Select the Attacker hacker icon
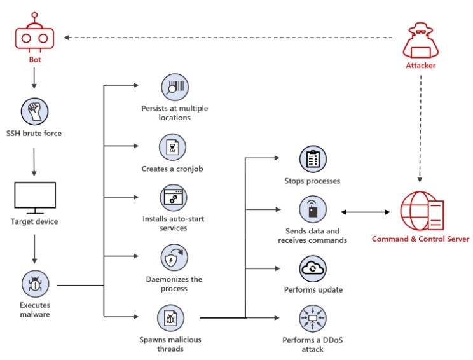[420, 40]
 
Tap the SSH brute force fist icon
[35, 111]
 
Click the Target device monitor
[35, 198]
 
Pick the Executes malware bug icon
[36, 284]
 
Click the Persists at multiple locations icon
[175, 87]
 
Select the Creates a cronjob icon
[172, 148]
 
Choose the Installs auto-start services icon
[174, 198]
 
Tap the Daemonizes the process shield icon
[174, 258]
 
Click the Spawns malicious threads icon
[171, 318]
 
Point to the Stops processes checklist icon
[313, 159]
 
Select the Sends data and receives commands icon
[313, 209]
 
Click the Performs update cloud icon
[313, 268]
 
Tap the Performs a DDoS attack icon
[313, 319]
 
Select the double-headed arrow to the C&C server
[366, 212]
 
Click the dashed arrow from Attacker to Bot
[228, 38]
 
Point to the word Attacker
[420, 66]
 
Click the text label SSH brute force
[34, 134]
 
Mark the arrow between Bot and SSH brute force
[34, 78]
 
